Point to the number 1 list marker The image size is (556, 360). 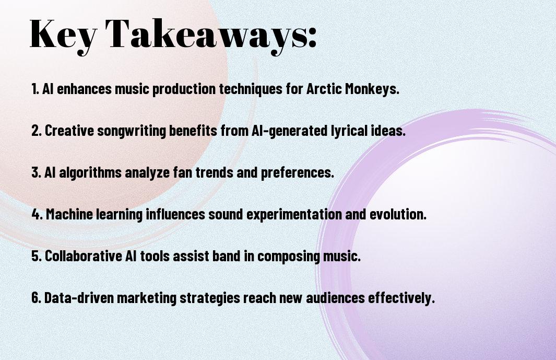pos(35,89)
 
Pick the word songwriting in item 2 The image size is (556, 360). pos(131,131)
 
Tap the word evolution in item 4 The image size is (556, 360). pos(397,214)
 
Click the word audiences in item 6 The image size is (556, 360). pos(335,297)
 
